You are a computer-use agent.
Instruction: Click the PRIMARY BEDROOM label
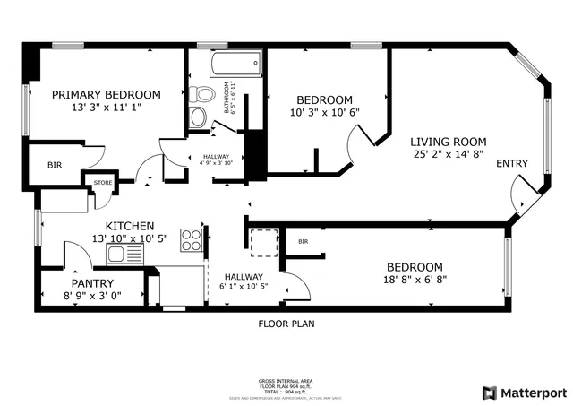pos(106,94)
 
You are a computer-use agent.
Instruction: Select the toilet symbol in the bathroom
pos(202,93)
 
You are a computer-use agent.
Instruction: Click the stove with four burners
pos(192,239)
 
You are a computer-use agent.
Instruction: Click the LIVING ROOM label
pos(448,142)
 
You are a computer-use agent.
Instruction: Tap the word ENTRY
pos(512,163)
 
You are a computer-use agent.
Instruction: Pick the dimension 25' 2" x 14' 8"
pos(448,155)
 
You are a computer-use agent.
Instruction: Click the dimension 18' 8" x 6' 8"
pos(415,280)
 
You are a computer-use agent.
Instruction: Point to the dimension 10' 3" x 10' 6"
pos(324,112)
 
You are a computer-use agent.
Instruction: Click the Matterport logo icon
pos(488,393)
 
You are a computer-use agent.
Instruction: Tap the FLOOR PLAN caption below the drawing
pos(286,324)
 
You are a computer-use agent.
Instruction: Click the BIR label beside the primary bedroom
pos(55,165)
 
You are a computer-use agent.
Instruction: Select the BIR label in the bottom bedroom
pos(304,241)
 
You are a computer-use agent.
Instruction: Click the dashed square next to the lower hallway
pos(263,243)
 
